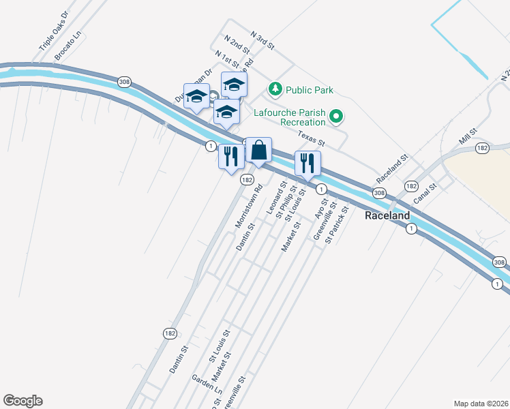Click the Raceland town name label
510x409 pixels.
click(387, 215)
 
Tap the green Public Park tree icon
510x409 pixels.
click(275, 89)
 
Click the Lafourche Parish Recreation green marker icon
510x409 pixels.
click(335, 117)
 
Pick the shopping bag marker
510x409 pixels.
click(259, 151)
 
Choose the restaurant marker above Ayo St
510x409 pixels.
click(307, 162)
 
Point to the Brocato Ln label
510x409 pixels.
click(68, 45)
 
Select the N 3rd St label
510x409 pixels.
click(262, 40)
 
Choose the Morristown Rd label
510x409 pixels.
click(249, 207)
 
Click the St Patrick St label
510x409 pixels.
click(337, 226)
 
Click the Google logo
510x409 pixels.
click(22, 401)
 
